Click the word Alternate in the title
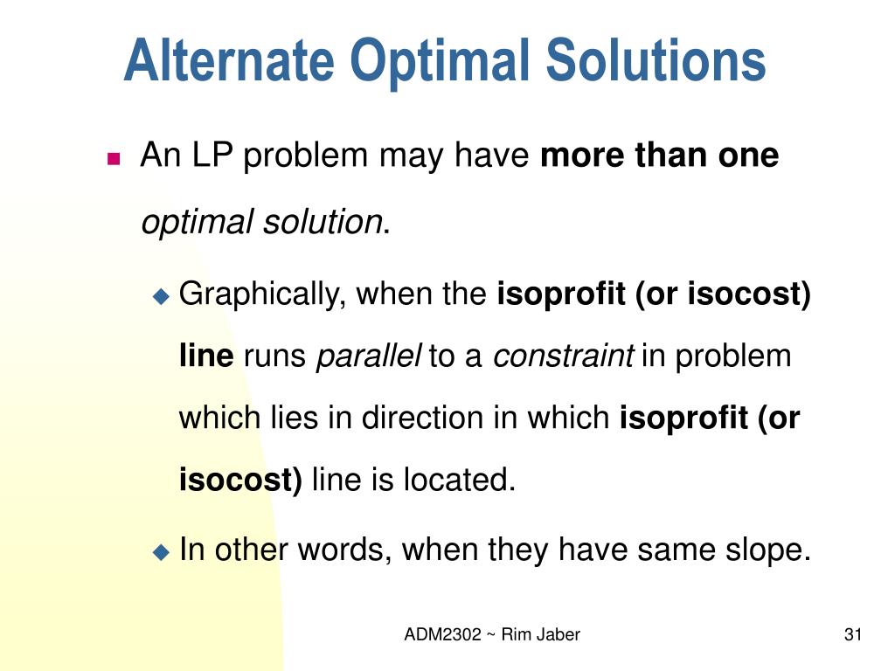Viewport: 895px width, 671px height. (229, 61)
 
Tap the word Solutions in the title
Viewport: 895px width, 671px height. (656, 61)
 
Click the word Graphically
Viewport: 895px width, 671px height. (263, 294)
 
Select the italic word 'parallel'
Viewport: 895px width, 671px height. (368, 356)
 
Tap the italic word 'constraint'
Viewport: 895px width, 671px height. (564, 356)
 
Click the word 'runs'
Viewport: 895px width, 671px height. (274, 356)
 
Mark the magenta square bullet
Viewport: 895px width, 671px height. (114, 158)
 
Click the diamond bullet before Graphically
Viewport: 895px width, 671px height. (161, 296)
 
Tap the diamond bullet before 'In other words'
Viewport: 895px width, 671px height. (161, 551)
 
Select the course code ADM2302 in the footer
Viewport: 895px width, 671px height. (442, 635)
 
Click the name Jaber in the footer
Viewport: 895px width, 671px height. (559, 635)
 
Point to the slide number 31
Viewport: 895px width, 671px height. (853, 635)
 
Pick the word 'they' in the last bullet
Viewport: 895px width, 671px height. (518, 550)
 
